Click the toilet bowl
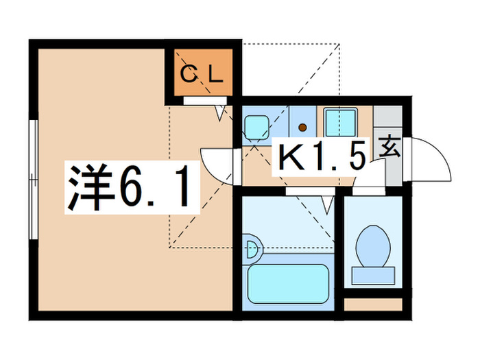(374, 245)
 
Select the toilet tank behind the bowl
(374, 275)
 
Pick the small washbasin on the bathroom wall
(251, 248)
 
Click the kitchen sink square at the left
(257, 125)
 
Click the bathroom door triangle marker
(328, 204)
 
